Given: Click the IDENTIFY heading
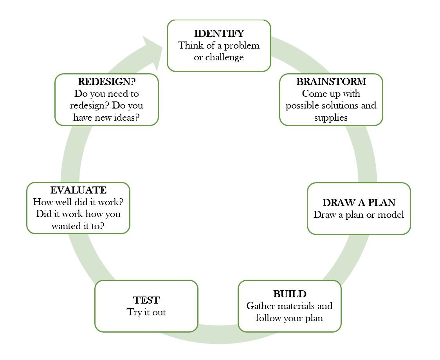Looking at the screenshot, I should [219, 33].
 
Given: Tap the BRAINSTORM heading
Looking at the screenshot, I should [331, 82].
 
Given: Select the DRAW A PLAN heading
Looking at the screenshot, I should [359, 203].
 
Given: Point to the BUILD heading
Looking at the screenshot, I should [290, 294].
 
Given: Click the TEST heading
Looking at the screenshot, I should [146, 300].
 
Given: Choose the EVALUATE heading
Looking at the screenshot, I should [78, 190].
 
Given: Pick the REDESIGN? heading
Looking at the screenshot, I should [106, 82].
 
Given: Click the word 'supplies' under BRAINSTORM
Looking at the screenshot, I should [331, 118].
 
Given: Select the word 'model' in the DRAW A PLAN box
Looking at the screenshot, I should [390, 215].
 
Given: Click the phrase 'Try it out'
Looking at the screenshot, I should [146, 312].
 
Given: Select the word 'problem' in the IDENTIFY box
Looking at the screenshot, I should [243, 45].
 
